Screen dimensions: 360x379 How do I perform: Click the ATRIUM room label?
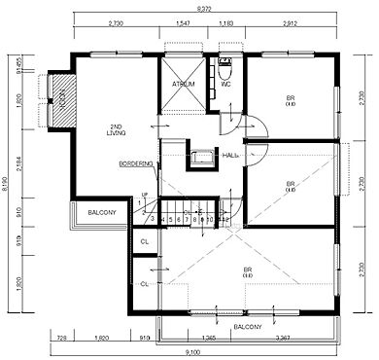pos(184,84)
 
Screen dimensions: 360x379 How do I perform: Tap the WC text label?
pos(225,84)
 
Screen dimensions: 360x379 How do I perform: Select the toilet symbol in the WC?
pos(224,69)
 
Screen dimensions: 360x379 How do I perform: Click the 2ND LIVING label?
pos(117,130)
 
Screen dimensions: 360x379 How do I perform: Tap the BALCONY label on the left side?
pos(97,213)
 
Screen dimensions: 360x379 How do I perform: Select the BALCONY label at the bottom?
pos(247,327)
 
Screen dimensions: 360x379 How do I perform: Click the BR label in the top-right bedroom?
pos(290,97)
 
